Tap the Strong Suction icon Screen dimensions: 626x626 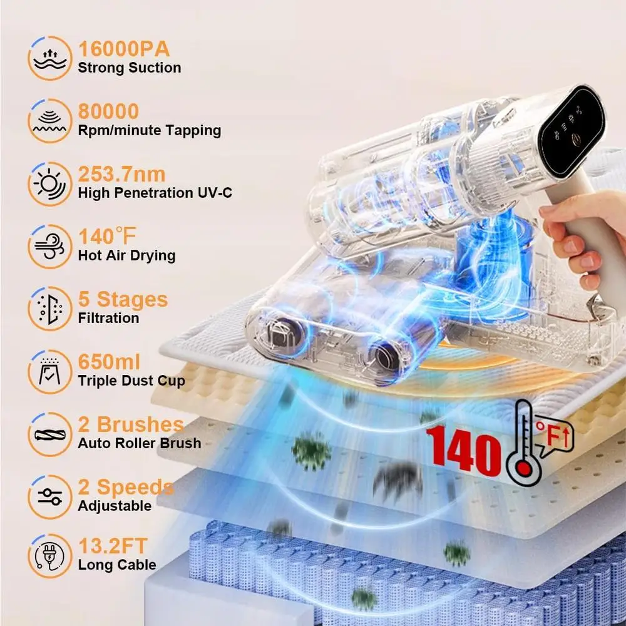pyautogui.click(x=49, y=58)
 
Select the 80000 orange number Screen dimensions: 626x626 pyautogui.click(x=108, y=111)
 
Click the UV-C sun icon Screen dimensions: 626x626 pyautogui.click(x=49, y=183)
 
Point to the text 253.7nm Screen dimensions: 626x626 pyautogui.click(x=121, y=174)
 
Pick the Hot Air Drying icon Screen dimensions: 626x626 pyautogui.click(x=49, y=246)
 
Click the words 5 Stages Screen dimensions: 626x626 pyautogui.click(x=123, y=299)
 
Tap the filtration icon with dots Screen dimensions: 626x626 pyautogui.click(x=49, y=309)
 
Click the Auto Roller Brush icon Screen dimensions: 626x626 pyautogui.click(x=49, y=434)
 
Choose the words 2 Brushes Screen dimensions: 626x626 pyautogui.click(x=130, y=424)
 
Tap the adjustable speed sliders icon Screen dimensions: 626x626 pyautogui.click(x=49, y=496)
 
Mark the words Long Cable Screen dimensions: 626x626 pyautogui.click(x=117, y=565)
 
